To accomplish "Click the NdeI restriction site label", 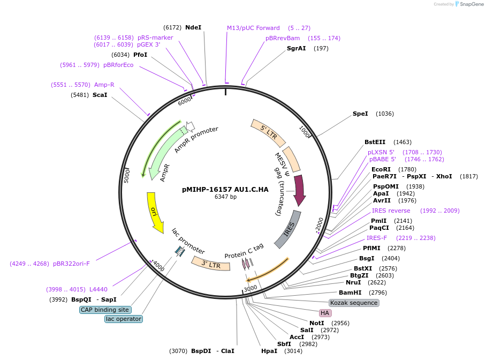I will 193,27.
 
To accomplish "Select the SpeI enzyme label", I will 360,114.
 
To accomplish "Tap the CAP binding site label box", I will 105,310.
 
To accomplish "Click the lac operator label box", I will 124,319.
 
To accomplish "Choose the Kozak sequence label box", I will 354,303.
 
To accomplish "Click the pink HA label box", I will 325,313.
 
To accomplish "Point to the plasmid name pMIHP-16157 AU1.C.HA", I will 225,189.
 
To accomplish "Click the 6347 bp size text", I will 225,197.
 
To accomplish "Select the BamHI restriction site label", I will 350,292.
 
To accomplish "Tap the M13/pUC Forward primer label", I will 253,28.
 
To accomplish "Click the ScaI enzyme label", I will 100,95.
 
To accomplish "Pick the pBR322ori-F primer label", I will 71,264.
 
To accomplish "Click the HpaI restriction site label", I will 269,351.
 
